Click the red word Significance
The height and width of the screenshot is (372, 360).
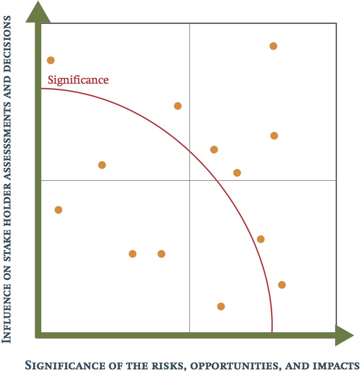(78, 80)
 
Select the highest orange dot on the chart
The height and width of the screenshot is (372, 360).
(273, 46)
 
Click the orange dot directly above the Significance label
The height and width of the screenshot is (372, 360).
(51, 60)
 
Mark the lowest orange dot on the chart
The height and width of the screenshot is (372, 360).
(221, 306)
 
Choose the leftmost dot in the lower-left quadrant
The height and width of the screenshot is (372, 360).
(58, 210)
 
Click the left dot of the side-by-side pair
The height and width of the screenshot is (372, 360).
(132, 254)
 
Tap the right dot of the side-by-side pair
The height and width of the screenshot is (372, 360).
(161, 254)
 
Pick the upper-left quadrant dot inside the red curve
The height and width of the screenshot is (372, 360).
(102, 165)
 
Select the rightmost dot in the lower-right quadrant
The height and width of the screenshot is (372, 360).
(281, 285)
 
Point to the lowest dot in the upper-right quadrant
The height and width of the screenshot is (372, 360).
(237, 173)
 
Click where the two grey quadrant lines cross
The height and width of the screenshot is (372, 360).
(190, 180)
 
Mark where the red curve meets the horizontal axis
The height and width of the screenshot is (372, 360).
(272, 333)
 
